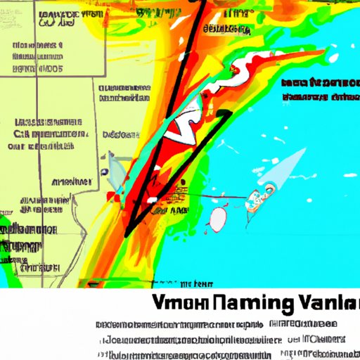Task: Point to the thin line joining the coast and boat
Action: (x=211, y=198)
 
